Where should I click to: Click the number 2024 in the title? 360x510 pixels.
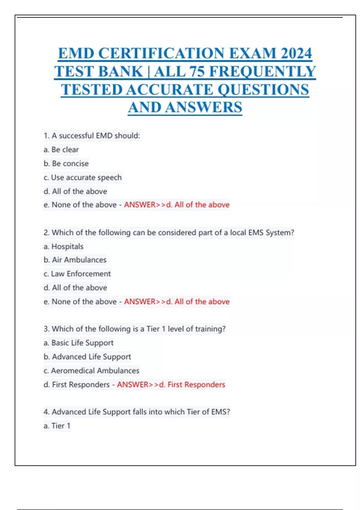[296, 53]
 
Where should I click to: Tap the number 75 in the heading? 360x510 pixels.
[196, 71]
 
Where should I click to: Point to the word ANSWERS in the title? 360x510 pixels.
[203, 107]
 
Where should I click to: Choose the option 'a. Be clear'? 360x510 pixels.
[61, 149]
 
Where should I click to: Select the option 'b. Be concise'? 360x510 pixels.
[66, 163]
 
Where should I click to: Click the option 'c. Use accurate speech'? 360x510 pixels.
[82, 177]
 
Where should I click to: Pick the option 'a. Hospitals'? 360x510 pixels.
[64, 246]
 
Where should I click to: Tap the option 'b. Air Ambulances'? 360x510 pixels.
[75, 260]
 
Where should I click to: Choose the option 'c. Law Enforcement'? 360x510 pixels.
[77, 274]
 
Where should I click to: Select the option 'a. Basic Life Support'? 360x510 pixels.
[79, 343]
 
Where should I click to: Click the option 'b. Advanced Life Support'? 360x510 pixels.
[87, 357]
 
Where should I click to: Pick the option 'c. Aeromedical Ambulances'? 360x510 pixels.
[91, 370]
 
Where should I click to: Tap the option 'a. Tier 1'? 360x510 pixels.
[57, 426]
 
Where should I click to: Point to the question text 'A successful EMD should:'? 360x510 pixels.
[95, 136]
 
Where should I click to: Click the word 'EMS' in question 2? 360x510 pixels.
[256, 232]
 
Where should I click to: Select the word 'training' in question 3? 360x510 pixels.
[210, 329]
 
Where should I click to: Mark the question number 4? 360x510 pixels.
[46, 412]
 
